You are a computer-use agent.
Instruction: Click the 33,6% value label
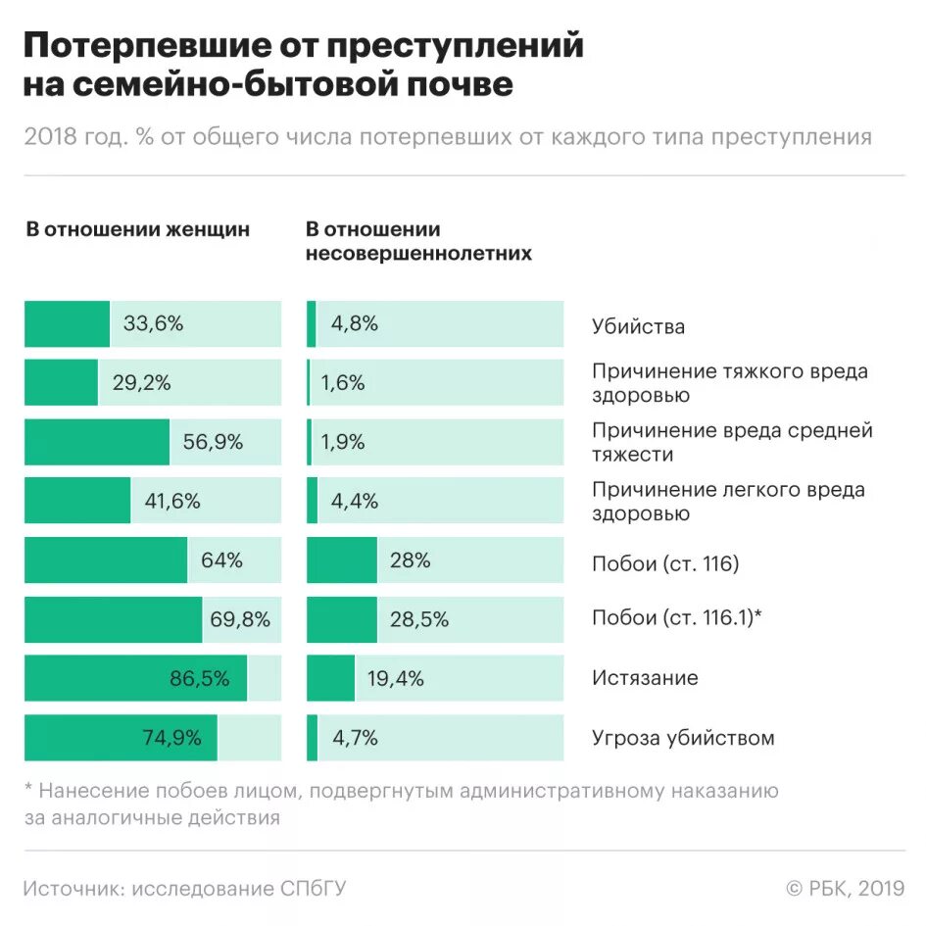[153, 324]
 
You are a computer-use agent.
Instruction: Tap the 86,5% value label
[200, 678]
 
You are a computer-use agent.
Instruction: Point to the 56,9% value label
[213, 442]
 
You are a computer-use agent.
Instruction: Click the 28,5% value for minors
[418, 619]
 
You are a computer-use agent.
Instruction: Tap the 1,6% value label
[342, 383]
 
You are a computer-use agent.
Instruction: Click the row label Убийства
[638, 327]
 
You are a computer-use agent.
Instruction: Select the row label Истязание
[645, 678]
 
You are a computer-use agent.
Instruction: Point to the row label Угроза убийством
[683, 738]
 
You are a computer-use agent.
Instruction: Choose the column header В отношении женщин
[137, 229]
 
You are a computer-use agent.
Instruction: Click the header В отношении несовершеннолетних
[418, 241]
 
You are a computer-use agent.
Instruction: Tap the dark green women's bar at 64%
[106, 560]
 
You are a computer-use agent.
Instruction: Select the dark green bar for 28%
[341, 560]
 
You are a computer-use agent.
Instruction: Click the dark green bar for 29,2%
[61, 383]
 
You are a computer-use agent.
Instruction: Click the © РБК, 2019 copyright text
[845, 889]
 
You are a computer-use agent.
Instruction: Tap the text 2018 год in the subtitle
[73, 137]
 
